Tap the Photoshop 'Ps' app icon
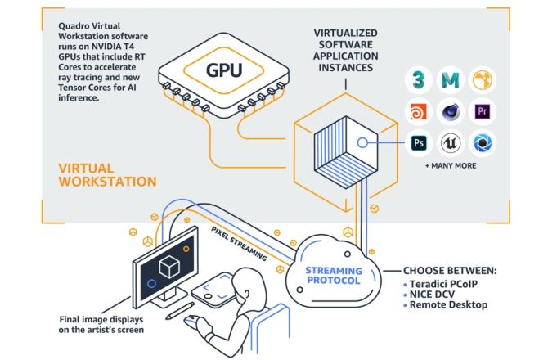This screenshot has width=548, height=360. pyautogui.click(x=418, y=142)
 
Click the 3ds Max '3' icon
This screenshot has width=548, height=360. pyautogui.click(x=418, y=79)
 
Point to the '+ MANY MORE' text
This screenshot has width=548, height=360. pyautogui.click(x=451, y=166)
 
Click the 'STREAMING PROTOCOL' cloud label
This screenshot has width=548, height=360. pyautogui.click(x=333, y=276)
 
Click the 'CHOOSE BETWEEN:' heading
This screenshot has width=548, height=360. pyautogui.click(x=449, y=269)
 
